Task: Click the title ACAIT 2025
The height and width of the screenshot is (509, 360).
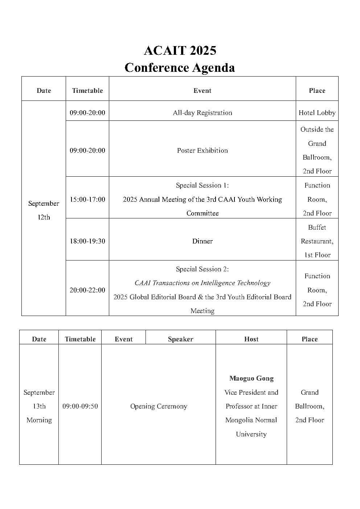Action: tap(180, 50)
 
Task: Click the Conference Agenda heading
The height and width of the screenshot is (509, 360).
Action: tap(180, 68)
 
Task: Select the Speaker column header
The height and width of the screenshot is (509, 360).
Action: tap(180, 339)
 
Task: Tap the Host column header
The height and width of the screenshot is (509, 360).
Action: tap(251, 339)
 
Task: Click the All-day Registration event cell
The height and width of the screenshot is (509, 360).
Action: tap(202, 113)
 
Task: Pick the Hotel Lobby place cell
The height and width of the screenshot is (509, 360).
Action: tap(317, 113)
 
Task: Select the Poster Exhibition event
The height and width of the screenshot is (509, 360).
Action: tap(202, 151)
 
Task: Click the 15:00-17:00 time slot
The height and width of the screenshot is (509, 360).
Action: tap(87, 200)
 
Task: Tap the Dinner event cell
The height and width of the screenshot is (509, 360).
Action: tap(202, 241)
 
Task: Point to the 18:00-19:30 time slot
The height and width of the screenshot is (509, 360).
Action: tap(87, 241)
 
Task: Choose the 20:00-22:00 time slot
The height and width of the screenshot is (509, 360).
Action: tap(87, 290)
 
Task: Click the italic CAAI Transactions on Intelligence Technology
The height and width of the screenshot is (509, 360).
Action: tap(202, 283)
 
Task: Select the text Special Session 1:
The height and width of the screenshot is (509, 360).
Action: tap(202, 185)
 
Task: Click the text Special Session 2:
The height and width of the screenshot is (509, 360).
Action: tap(202, 269)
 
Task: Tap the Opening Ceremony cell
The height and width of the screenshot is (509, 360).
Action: tap(159, 406)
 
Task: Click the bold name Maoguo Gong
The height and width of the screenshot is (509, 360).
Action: tap(251, 378)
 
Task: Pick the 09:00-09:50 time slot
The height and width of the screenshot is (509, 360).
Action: tap(80, 406)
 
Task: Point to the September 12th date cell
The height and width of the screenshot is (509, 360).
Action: tap(44, 210)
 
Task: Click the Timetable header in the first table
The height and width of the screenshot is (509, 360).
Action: tap(87, 91)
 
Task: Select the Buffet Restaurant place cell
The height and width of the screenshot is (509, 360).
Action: tap(317, 241)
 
